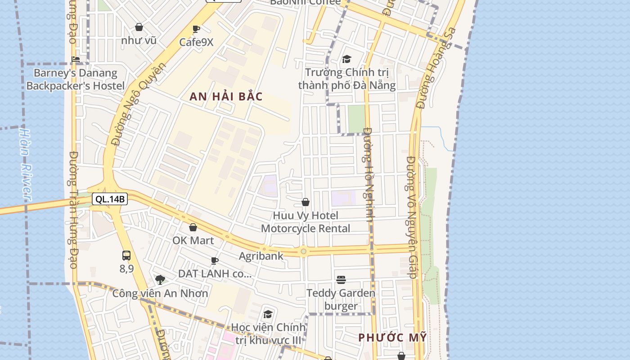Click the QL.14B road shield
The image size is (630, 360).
[110, 199]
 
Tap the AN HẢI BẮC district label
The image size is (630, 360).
[226, 97]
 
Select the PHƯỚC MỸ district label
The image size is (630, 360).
[392, 337]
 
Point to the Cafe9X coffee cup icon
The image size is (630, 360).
[196, 30]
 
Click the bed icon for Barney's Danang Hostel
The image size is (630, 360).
[76, 59]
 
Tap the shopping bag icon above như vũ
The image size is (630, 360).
[139, 27]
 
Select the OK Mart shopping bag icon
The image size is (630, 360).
[193, 228]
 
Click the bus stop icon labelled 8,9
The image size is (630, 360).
[126, 256]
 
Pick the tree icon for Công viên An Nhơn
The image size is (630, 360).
[160, 280]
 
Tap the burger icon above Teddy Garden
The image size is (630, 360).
[341, 280]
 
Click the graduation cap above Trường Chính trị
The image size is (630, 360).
[346, 59]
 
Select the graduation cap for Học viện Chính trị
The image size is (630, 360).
[268, 314]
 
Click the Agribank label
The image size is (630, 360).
[261, 256]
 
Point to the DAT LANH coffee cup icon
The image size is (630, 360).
[215, 261]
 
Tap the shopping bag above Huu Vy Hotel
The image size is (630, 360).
[306, 202]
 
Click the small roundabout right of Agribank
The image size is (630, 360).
[304, 251]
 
